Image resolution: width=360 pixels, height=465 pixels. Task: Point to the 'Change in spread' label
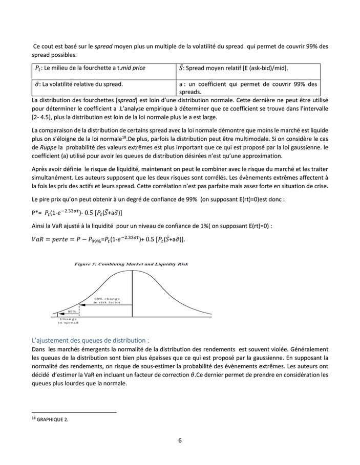(x=68, y=321)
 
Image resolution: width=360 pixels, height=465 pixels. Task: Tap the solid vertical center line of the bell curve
(x=133, y=292)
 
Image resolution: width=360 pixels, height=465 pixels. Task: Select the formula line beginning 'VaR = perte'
(x=109, y=239)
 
